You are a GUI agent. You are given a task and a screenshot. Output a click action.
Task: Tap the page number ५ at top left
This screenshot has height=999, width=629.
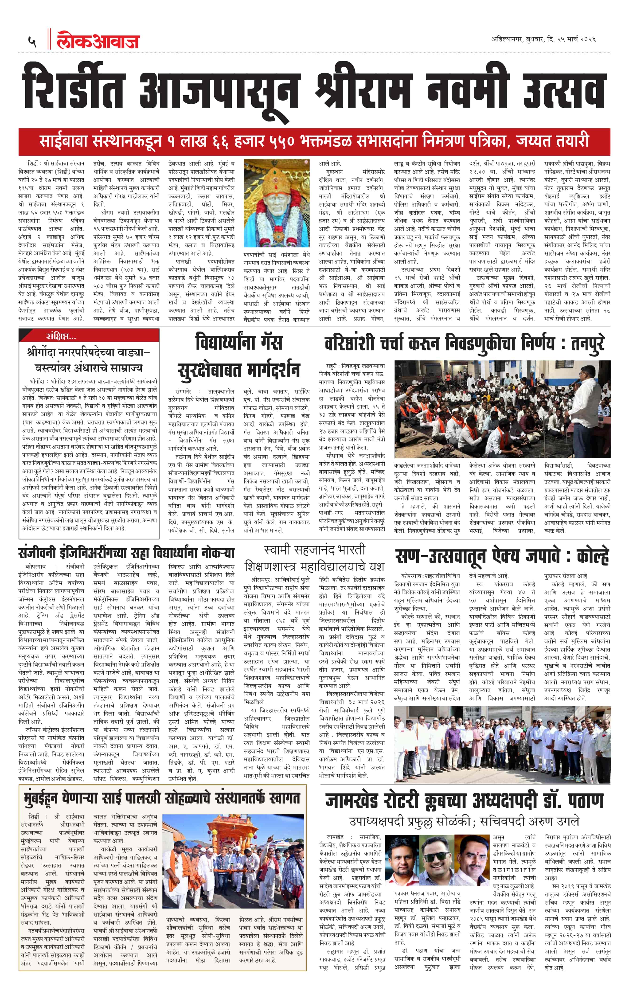click(x=32, y=42)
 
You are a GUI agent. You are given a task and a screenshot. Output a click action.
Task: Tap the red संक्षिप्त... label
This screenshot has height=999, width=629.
click(x=61, y=336)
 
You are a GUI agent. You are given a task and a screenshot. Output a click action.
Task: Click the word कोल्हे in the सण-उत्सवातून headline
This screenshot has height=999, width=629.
click(x=592, y=557)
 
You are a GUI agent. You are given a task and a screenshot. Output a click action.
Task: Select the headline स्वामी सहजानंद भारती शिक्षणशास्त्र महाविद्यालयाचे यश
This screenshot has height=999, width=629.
click(x=314, y=558)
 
